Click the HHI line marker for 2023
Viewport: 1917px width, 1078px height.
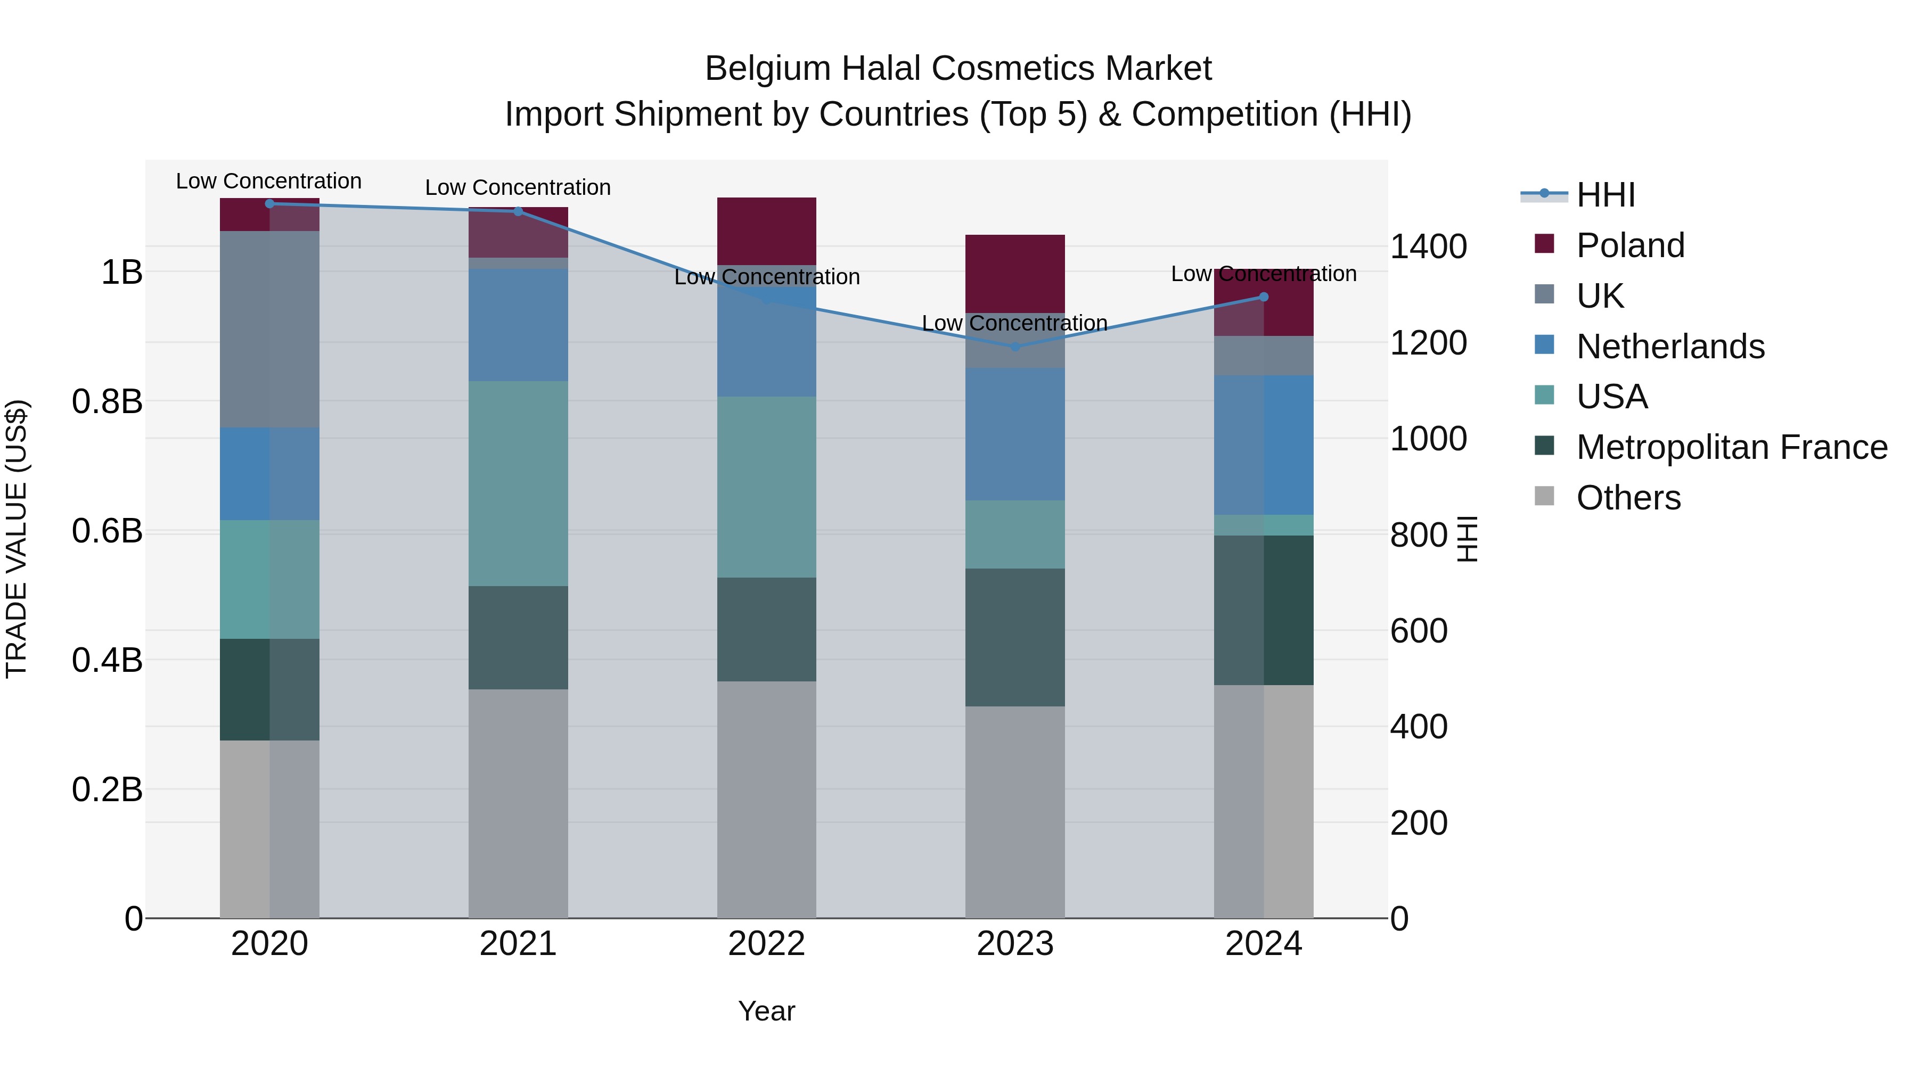[1015, 347]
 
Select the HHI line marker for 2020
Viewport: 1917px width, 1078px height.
[269, 203]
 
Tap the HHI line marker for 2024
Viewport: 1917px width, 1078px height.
[1263, 297]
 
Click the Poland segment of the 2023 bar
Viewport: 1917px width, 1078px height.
[1015, 273]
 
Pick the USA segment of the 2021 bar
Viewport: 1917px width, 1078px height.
[518, 483]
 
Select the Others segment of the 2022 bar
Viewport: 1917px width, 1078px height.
[766, 799]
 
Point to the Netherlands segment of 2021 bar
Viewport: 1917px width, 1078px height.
[518, 325]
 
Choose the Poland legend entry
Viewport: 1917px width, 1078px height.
[1630, 245]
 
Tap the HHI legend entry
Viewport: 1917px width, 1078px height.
[1605, 195]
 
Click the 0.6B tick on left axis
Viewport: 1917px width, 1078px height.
[107, 531]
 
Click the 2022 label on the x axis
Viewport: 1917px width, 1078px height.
[766, 944]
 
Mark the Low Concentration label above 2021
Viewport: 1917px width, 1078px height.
[518, 187]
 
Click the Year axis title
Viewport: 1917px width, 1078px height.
[766, 1011]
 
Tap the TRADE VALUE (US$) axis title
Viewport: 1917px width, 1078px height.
[17, 539]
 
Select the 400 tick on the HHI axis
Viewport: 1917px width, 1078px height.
[1419, 727]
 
